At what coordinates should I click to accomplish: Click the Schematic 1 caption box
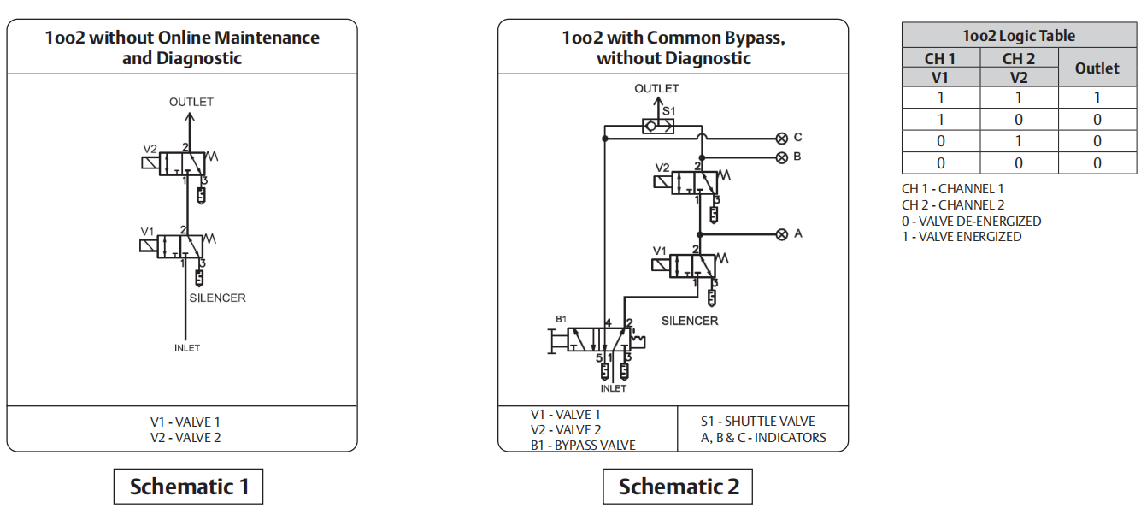coord(188,487)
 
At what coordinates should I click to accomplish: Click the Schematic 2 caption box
coord(678,487)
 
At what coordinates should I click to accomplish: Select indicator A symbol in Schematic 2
coord(781,234)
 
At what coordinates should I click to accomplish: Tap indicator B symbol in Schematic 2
coord(781,157)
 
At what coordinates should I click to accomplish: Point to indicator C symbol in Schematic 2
coord(781,138)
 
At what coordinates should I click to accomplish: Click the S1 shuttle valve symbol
coord(657,127)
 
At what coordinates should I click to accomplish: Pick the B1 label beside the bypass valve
coord(562,319)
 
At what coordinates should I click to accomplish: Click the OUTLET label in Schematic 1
coord(191,102)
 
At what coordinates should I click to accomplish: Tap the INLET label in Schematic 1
coord(186,348)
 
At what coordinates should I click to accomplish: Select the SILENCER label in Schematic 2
coord(690,321)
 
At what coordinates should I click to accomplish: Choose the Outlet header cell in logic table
coord(1097,68)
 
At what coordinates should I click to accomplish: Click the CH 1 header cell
coord(940,59)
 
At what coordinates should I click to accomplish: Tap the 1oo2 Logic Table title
coord(1019,36)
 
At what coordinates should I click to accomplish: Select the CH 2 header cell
coord(1018,59)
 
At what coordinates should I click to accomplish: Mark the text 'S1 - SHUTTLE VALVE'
coord(757,422)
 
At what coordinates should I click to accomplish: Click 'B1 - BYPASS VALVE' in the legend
coord(584,445)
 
